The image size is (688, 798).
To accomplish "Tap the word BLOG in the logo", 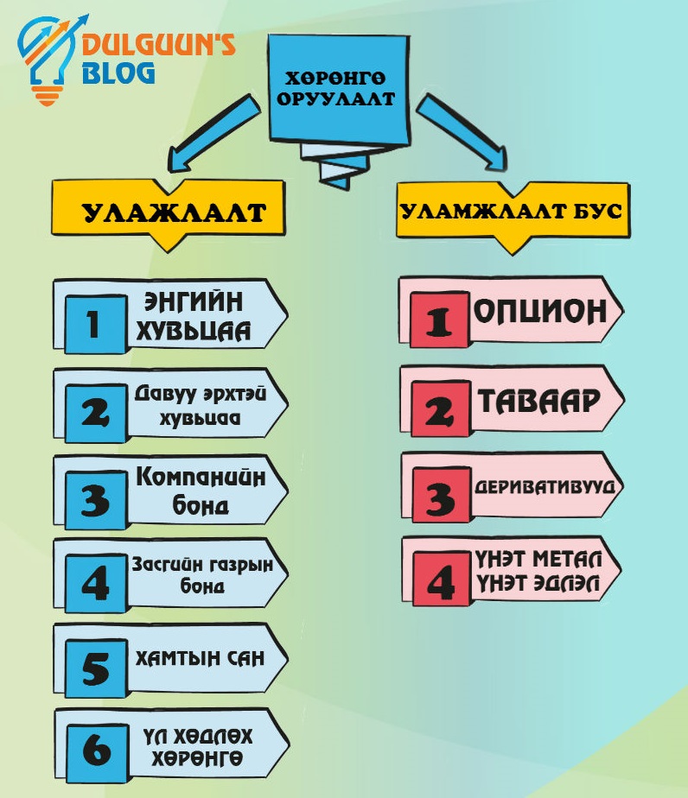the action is pyautogui.click(x=118, y=72).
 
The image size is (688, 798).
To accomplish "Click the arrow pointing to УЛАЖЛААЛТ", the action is pyautogui.click(x=208, y=132).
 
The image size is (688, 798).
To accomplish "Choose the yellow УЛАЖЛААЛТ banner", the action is pyautogui.click(x=170, y=212).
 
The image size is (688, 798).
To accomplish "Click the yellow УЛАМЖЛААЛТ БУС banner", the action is pyautogui.click(x=511, y=212).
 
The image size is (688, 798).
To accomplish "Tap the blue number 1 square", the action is pyautogui.click(x=94, y=324).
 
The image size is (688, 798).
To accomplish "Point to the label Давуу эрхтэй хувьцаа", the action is pyautogui.click(x=187, y=404).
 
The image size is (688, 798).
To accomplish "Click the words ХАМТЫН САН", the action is pyautogui.click(x=199, y=658).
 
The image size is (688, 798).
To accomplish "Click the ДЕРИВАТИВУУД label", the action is pyautogui.click(x=545, y=485).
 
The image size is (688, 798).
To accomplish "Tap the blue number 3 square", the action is pyautogui.click(x=95, y=499).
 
